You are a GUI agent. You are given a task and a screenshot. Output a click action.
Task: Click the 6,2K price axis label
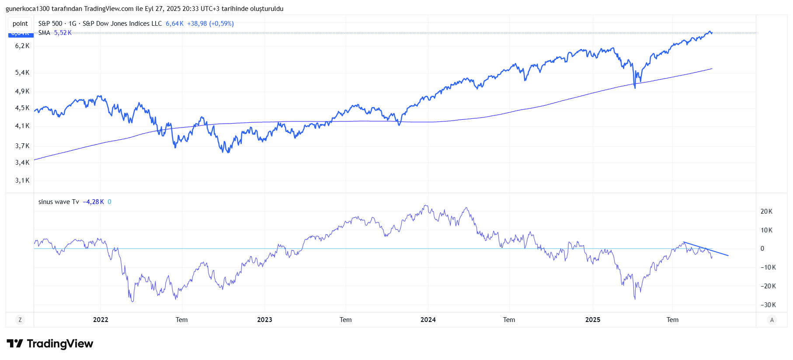(22, 46)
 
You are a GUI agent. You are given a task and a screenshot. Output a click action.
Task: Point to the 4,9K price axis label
(22, 91)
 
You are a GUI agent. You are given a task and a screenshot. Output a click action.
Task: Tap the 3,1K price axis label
(22, 180)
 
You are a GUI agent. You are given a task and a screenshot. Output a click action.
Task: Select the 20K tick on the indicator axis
(766, 211)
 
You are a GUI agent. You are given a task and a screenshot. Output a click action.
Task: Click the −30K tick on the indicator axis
(768, 305)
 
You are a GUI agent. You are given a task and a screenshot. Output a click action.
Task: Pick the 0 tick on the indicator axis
(762, 249)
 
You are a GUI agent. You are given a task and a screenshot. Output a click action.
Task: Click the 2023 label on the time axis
(264, 320)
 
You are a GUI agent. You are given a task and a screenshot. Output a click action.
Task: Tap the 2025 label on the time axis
(592, 320)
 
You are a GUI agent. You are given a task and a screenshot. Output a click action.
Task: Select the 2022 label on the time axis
(101, 320)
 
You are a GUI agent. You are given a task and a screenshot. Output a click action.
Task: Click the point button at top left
(20, 24)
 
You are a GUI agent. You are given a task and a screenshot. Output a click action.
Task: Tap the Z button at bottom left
(20, 320)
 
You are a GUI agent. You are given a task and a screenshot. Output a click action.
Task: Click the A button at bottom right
(772, 320)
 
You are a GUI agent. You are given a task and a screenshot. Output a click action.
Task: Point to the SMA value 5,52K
(63, 33)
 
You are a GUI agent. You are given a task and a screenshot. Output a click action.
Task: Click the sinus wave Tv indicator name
(59, 202)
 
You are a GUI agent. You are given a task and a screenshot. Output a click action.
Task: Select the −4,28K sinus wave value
(93, 202)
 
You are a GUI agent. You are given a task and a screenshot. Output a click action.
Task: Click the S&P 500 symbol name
(50, 24)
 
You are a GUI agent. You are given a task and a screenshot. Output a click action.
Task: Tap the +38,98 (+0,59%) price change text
(210, 24)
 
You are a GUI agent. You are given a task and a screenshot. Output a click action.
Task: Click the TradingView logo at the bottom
(50, 344)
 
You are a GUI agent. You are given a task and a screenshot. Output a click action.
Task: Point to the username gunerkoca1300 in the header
(28, 9)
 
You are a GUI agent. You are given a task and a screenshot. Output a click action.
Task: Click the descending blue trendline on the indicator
(706, 249)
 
